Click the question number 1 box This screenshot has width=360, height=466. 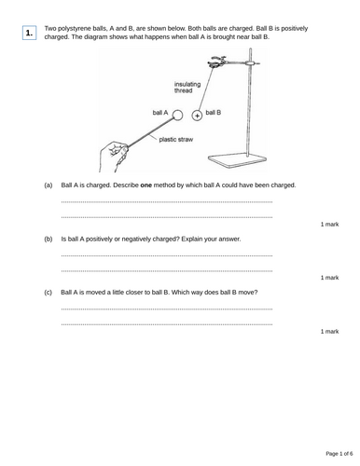[x=30, y=34]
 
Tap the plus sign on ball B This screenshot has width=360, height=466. [x=197, y=116]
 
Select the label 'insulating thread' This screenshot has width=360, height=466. [x=187, y=88]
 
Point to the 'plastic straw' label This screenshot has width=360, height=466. [x=177, y=139]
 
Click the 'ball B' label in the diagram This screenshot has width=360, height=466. [x=213, y=112]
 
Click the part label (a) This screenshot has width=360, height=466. [x=48, y=185]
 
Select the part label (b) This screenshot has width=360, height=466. [x=48, y=239]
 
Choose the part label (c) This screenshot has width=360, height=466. [x=48, y=292]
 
